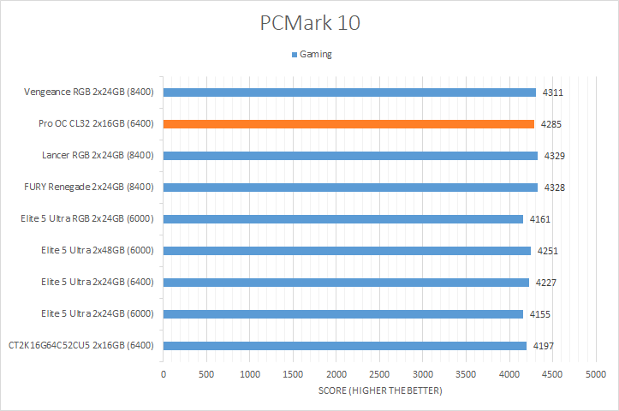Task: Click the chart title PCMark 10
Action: point(309,23)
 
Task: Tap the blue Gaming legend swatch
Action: point(294,55)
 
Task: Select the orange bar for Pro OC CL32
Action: point(348,124)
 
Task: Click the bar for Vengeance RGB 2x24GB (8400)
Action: point(349,92)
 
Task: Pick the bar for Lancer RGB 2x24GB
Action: point(350,156)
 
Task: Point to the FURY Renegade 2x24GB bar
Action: point(350,188)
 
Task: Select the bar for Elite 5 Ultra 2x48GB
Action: point(347,251)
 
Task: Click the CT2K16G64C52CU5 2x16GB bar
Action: point(344,346)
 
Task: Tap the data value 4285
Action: point(551,124)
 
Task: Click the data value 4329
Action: point(554,156)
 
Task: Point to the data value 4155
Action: point(539,314)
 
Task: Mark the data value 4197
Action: point(543,346)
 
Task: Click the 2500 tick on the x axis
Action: point(379,375)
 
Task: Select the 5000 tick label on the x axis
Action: point(596,375)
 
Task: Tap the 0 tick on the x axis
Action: point(164,375)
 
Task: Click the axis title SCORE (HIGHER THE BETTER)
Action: point(380,391)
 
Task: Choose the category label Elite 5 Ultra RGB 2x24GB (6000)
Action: point(87,219)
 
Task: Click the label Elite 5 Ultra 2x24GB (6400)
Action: point(97,283)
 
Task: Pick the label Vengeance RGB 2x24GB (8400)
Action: point(90,92)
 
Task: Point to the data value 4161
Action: point(540,219)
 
